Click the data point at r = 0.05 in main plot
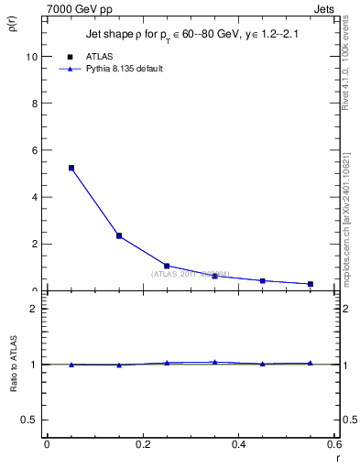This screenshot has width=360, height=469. (71, 168)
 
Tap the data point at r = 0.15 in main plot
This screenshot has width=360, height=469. (119, 235)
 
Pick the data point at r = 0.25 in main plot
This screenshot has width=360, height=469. (167, 266)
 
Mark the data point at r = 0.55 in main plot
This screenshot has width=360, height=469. (311, 284)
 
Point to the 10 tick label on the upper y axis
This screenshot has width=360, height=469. (31, 56)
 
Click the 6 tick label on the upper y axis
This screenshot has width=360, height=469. (34, 150)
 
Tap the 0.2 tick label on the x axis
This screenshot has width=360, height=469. (143, 444)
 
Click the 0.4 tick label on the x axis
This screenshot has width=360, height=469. (239, 444)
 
